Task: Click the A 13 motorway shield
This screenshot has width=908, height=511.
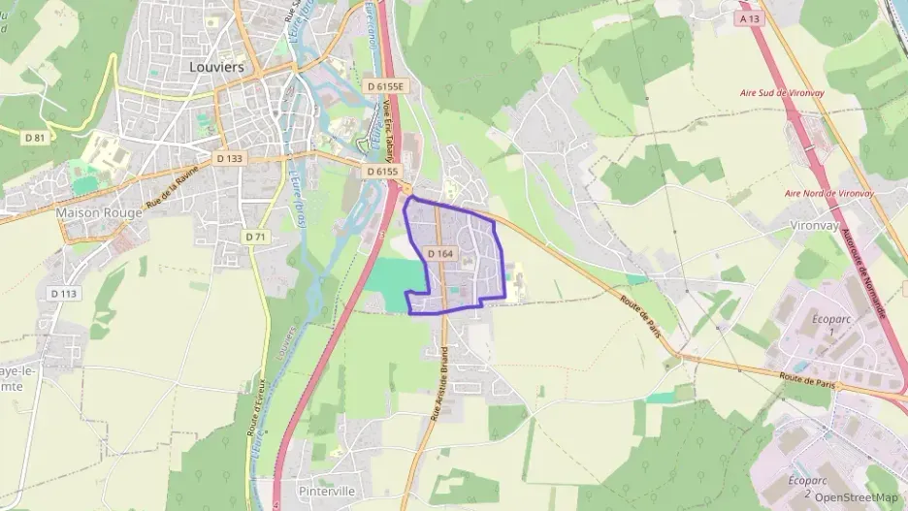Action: pos(748,18)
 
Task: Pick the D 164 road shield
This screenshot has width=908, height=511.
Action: pos(440,253)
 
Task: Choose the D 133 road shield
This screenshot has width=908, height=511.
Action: pos(230,158)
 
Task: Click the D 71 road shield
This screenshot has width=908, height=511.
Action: pos(255,237)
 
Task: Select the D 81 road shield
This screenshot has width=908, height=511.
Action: pos(35,138)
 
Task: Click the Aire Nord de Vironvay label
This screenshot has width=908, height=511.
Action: pos(829,193)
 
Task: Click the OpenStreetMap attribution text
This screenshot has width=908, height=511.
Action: pos(856,497)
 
